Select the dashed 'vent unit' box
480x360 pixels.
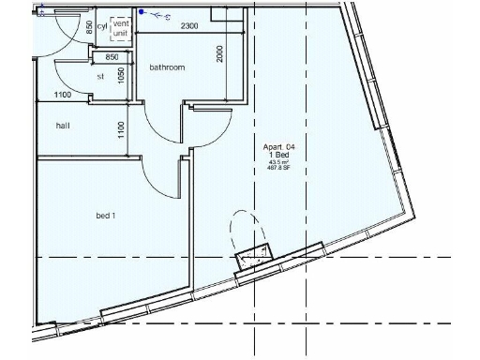coord(121,28)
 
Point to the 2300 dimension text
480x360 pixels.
coord(189,25)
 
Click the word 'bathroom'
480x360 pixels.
coord(167,67)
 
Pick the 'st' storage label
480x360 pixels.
coord(101,77)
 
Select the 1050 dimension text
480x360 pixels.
coord(121,75)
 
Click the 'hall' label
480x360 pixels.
coord(64,125)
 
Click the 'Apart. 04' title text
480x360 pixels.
coord(282,147)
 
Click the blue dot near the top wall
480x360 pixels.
coord(141,13)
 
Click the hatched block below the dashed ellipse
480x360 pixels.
coord(253,255)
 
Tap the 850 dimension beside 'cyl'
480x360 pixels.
coord(89,26)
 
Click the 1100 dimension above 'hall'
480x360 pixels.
coord(63,95)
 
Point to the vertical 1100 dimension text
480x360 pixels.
coord(121,130)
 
